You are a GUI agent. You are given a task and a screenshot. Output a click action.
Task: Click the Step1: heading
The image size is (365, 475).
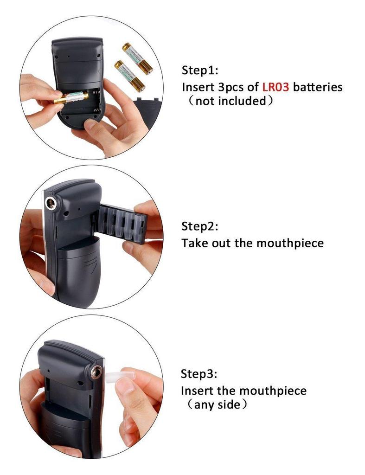point(199,71)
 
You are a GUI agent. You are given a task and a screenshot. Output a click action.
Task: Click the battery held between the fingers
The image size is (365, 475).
point(71,98)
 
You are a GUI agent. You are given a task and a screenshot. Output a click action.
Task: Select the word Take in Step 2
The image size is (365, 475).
point(195,243)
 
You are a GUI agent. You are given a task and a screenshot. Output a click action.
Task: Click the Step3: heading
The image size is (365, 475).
point(199,374)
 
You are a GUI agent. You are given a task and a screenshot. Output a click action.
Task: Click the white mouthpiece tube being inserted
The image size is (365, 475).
point(113,377)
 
